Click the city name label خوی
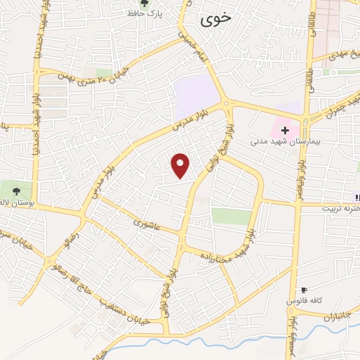(214, 20)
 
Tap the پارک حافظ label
(149, 14)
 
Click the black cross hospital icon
(285, 130)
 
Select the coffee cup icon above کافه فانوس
(304, 290)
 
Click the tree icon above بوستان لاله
(16, 189)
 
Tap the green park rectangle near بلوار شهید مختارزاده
(231, 216)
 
